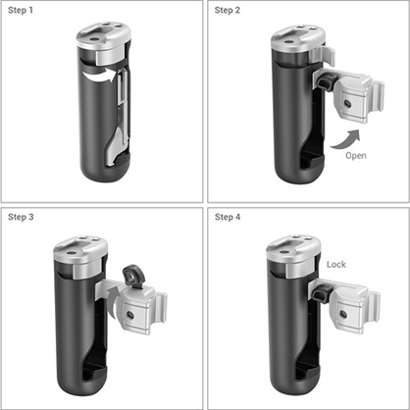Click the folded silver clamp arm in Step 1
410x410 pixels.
[119, 118]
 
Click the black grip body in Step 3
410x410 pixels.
[78, 333]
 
